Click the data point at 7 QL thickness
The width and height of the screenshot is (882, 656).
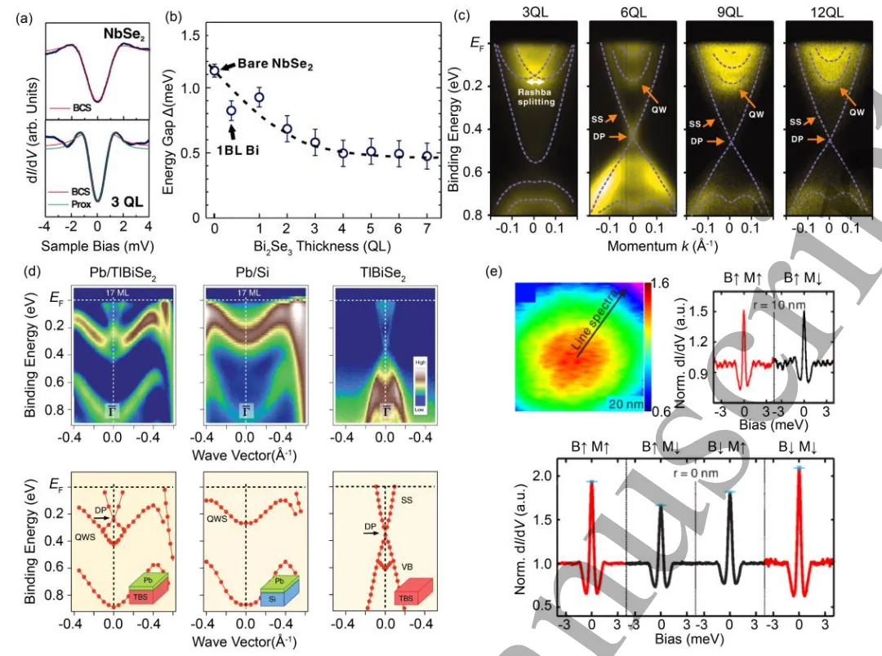click(x=426, y=157)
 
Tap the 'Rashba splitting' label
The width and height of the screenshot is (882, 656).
click(x=536, y=97)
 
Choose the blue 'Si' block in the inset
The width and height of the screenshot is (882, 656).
click(x=278, y=598)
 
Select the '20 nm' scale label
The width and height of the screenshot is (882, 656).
click(x=626, y=401)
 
